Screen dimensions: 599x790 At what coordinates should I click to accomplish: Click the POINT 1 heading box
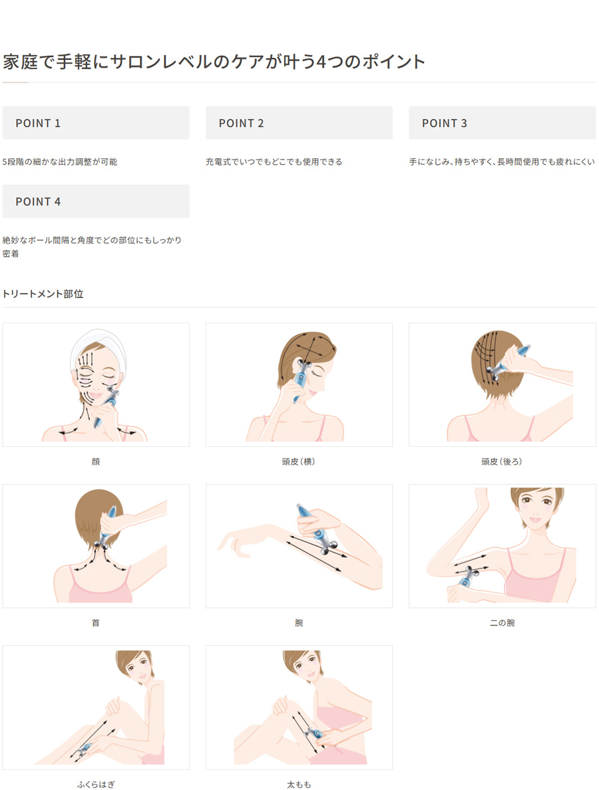96,123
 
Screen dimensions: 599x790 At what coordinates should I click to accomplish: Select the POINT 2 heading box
299,123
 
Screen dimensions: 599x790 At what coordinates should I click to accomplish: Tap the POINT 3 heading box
502,123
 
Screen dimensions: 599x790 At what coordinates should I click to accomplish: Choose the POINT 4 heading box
96,201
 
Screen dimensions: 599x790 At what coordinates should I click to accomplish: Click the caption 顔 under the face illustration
96,461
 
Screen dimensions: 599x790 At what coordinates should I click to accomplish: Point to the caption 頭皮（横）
298,461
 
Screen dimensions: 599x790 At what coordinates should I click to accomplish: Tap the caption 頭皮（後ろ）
502,461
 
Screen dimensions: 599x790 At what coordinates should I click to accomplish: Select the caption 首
96,622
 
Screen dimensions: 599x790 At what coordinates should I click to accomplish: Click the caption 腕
299,622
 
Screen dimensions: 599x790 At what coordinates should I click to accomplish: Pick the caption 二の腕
502,622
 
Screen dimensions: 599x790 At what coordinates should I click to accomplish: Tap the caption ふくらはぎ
96,785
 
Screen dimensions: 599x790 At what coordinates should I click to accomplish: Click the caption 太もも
299,785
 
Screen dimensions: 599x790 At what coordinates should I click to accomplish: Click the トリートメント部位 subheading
43,294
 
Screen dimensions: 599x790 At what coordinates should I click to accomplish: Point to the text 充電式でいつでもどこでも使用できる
274,162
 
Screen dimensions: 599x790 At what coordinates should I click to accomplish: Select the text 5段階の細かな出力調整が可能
60,162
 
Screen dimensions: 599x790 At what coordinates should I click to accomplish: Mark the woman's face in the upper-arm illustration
536,506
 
